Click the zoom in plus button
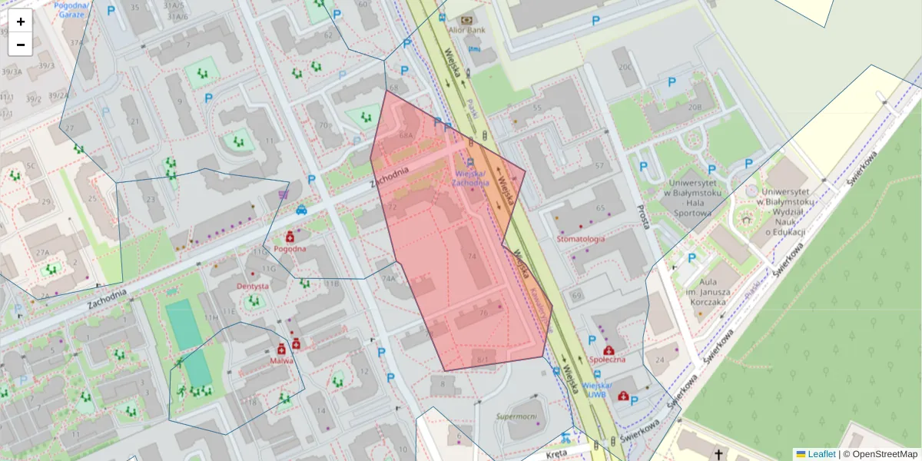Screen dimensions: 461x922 pos(21,22)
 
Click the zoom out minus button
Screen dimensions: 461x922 pos(21,45)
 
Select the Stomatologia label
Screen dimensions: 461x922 pos(580,239)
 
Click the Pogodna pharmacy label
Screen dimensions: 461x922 pos(290,248)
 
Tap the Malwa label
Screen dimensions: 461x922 pos(281,360)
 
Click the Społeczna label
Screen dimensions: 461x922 pos(607,359)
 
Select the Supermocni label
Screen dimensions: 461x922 pos(516,416)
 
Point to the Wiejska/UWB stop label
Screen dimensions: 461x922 pos(596,389)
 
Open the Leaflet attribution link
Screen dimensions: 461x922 pos(822,454)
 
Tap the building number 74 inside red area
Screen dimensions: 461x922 pos(472,256)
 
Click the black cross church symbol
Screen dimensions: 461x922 pos(718,455)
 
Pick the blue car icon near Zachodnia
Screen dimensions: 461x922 pos(301,210)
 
